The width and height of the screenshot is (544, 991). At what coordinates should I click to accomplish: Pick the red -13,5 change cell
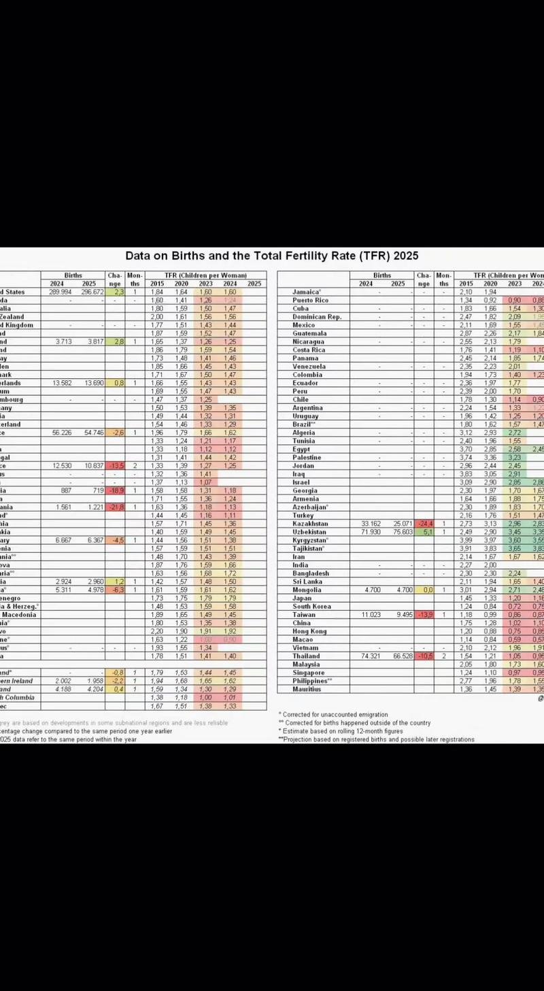tap(115, 465)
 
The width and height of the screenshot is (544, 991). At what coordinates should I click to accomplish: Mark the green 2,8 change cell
tap(115, 341)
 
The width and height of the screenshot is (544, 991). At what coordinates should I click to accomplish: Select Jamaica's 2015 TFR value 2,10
tap(466, 292)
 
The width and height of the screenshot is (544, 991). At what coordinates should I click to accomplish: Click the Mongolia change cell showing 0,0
tap(424, 590)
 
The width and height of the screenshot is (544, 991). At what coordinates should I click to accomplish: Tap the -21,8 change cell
tap(115, 507)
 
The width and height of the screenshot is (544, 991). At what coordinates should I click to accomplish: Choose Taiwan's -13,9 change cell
tap(424, 614)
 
